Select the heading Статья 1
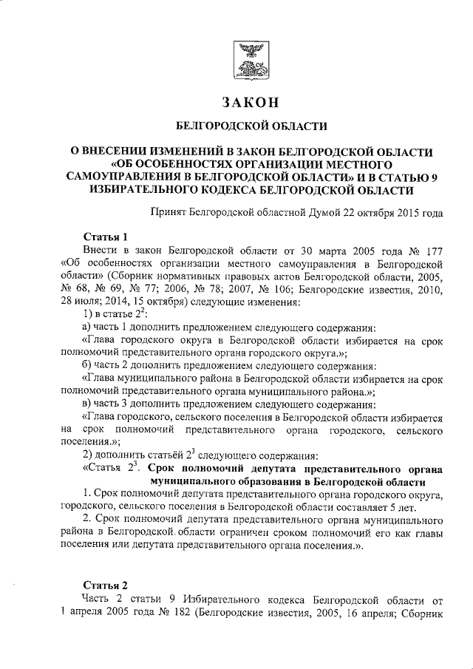tap(105, 237)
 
